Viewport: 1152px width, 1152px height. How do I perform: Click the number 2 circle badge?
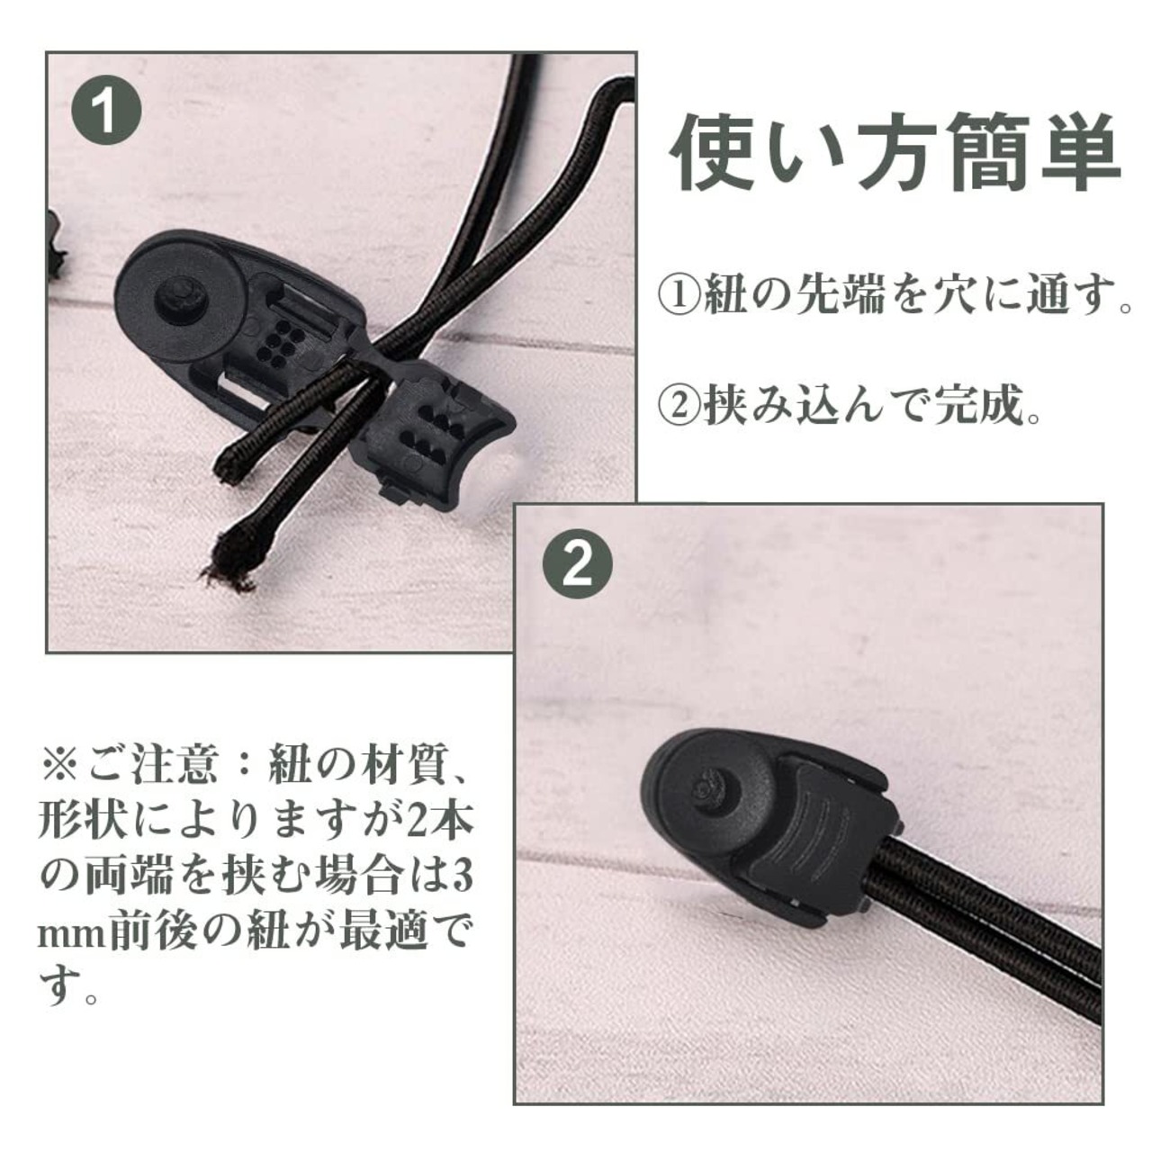pyautogui.click(x=578, y=565)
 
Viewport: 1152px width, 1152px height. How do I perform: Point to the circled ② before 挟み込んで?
pyautogui.click(x=679, y=407)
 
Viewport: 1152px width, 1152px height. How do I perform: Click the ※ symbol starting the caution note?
pyautogui.click(x=59, y=767)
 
